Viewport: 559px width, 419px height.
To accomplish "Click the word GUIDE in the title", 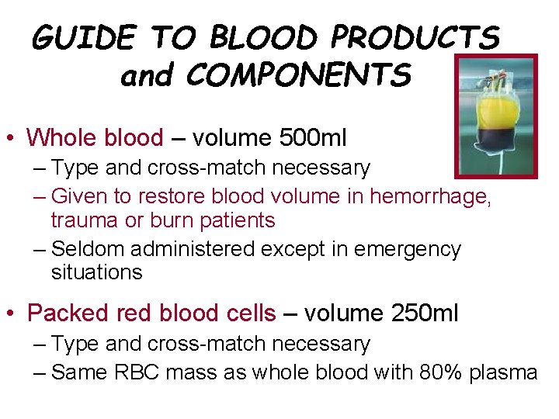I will click(x=84, y=38).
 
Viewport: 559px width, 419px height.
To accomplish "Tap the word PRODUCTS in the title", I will click(x=415, y=38).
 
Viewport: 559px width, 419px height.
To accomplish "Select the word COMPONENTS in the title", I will click(x=299, y=75).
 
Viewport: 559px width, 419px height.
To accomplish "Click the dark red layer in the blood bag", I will click(x=495, y=139).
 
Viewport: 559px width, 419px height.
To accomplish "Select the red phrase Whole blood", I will click(x=95, y=138).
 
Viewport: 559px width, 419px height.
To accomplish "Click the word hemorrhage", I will click(x=430, y=197).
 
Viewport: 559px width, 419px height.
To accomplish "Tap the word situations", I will click(x=96, y=272).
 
